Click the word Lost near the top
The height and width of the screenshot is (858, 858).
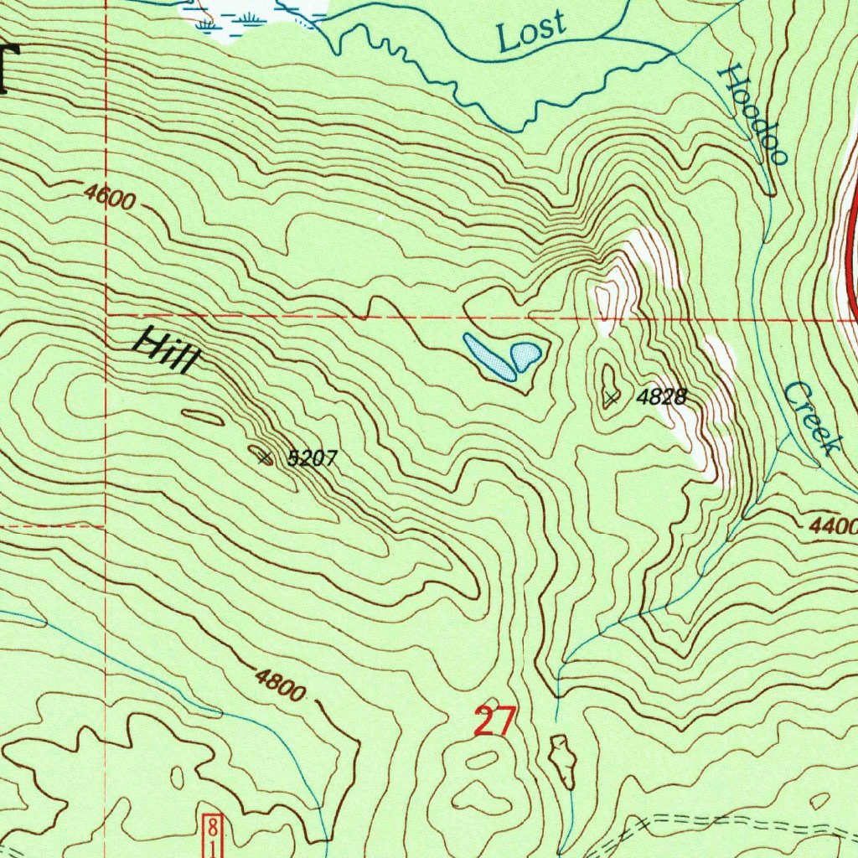530,33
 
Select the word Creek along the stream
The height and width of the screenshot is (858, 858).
812,418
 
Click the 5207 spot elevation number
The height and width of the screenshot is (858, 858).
312,458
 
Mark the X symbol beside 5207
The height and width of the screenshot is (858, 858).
265,457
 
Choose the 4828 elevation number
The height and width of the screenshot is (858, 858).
662,397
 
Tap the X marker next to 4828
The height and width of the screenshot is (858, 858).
612,398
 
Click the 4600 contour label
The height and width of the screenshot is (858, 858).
109,198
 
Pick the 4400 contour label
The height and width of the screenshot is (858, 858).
833,527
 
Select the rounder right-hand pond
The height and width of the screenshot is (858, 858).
525,354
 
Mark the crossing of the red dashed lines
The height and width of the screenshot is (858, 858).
106,317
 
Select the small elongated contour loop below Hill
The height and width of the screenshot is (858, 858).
203,416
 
